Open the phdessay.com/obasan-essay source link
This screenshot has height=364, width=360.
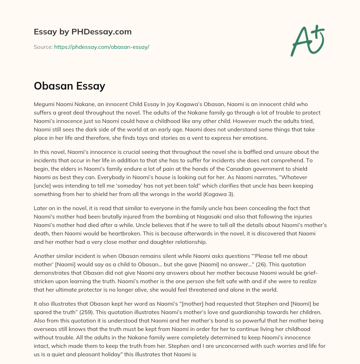(102, 47)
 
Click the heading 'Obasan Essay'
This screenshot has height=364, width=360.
(69, 86)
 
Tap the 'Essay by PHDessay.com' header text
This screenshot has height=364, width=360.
(83, 32)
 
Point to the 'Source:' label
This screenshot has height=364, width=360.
(43, 47)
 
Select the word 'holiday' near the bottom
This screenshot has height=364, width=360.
(122, 354)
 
